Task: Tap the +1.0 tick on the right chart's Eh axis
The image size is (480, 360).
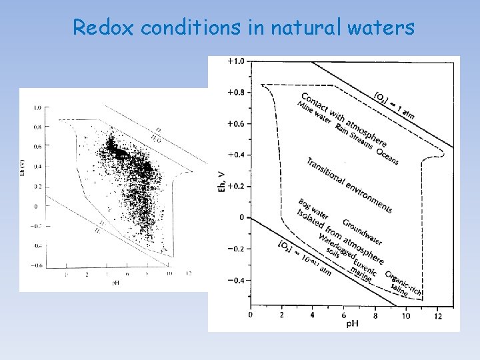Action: (x=235, y=61)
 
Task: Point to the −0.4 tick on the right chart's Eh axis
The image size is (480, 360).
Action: (x=235, y=280)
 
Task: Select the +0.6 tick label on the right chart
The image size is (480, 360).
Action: (x=235, y=124)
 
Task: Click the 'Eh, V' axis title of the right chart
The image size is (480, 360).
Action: (x=222, y=180)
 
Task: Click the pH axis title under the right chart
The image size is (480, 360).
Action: (x=353, y=323)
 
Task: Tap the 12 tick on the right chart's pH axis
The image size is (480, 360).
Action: (x=437, y=315)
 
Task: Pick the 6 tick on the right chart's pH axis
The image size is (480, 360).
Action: (x=343, y=315)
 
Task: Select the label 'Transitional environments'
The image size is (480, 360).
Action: (x=349, y=185)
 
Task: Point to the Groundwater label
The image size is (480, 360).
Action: (x=363, y=231)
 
